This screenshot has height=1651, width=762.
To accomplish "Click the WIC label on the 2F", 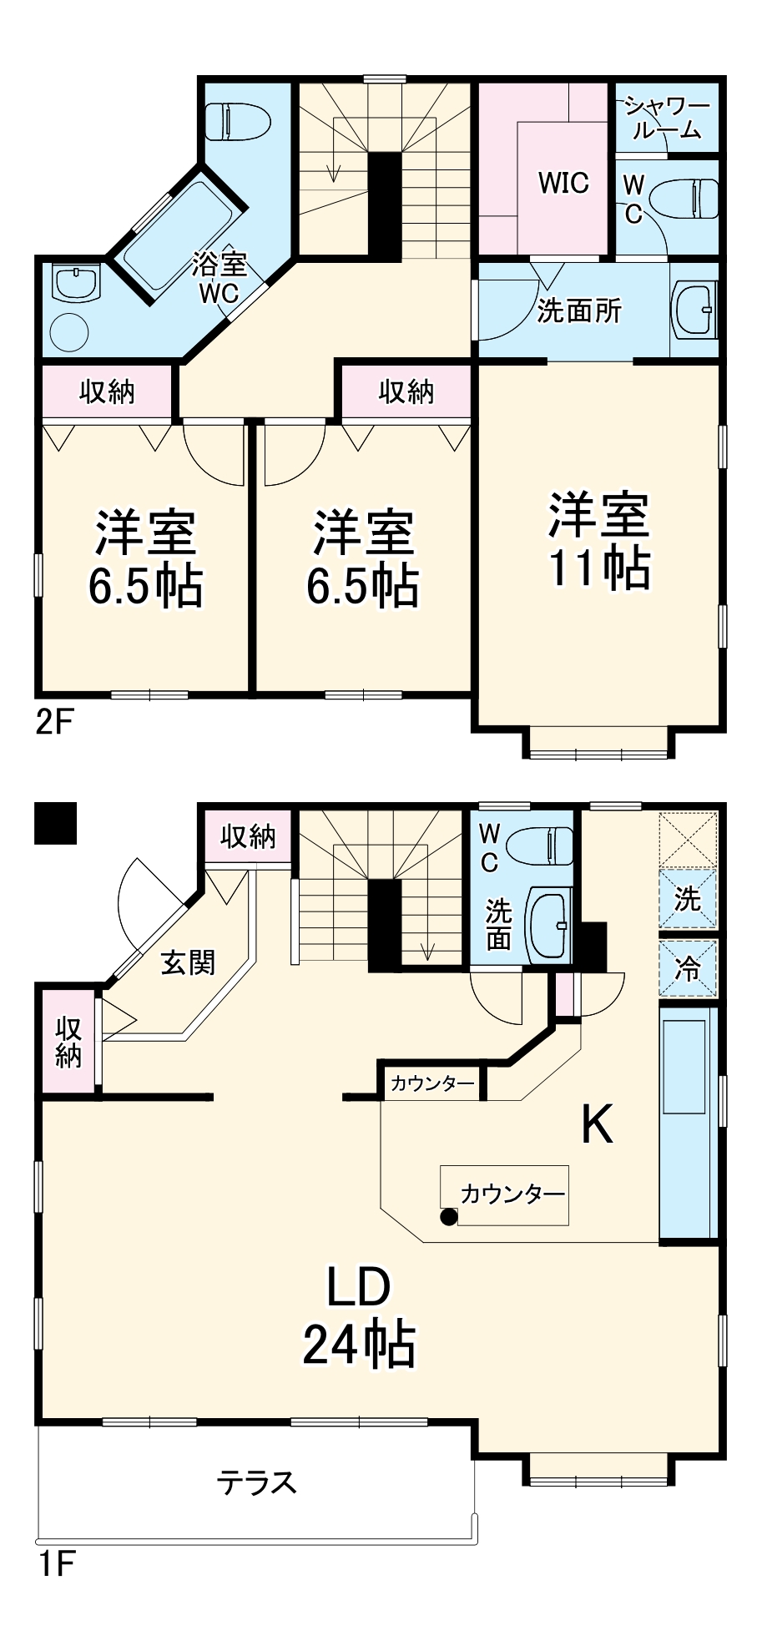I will coord(563,183).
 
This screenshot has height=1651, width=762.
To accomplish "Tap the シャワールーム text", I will coord(667,118).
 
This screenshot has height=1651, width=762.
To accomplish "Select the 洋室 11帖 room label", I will coord(599,542).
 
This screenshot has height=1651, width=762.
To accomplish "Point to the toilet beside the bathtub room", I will coord(238,122).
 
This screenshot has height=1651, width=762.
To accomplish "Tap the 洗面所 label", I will coord(578,311).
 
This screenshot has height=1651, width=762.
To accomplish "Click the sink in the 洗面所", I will coord(694,310).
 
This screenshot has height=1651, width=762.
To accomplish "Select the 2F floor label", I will coord(54,721).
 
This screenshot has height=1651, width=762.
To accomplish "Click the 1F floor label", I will coord(56,1563).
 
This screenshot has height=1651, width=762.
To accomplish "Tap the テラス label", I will coord(256,1483).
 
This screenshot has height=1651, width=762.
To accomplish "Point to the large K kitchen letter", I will coord(598,1124).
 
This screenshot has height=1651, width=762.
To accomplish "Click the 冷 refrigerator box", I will coord(688,968).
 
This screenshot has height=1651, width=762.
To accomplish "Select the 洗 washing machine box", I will coord(688,899).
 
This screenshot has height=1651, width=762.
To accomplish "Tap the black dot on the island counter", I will coord(449,1216).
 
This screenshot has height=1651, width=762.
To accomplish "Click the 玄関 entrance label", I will coord(188,962).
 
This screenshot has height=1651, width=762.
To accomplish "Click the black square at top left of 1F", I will coord(55,823).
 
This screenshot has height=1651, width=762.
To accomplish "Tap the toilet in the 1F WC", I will coord(542,845).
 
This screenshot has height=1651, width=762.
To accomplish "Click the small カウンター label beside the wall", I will coord(431,1083).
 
